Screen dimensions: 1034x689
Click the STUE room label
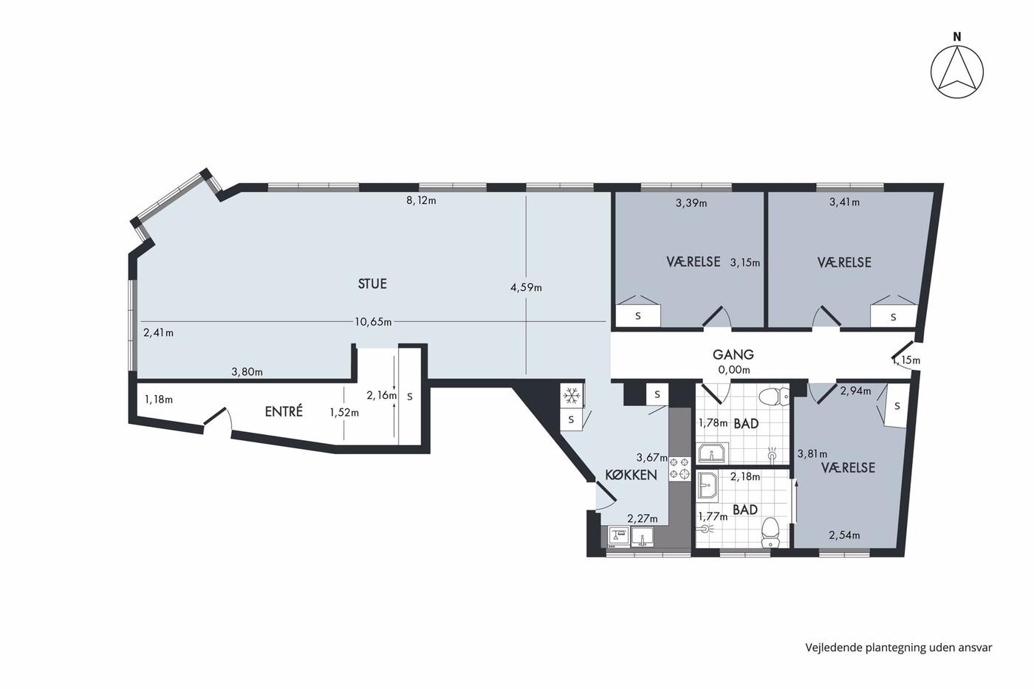coord(372,284)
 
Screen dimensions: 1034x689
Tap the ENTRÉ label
coord(284,411)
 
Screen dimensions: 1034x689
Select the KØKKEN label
coord(631,475)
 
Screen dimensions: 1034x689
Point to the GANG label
coord(733,354)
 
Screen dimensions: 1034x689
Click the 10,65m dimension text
coord(373,322)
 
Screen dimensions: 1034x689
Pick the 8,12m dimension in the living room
coord(421,200)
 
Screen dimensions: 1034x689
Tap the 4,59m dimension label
coord(526,287)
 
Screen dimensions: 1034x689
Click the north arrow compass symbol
coord(957,72)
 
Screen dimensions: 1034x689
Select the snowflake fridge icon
coord(572,396)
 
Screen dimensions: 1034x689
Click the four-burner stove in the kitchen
coord(679,467)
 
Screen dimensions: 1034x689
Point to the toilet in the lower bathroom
coord(770,532)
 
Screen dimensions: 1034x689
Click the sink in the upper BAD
coord(713,453)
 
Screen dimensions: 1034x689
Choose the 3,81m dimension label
coord(812,454)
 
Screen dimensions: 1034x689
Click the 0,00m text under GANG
coord(734,370)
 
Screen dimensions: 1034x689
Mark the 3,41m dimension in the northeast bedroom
coord(844,202)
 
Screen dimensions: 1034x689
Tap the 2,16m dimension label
coord(381,396)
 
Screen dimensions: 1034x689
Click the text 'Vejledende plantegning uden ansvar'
coord(899,648)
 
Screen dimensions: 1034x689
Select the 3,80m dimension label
coord(247,371)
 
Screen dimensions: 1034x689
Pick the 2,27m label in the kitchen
coord(643,518)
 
